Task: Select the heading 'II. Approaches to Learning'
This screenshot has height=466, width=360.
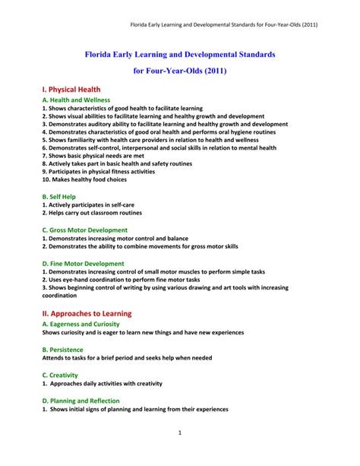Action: (x=87, y=313)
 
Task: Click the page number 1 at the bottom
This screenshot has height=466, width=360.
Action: (x=180, y=433)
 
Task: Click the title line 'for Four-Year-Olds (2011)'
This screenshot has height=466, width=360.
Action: (x=180, y=70)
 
